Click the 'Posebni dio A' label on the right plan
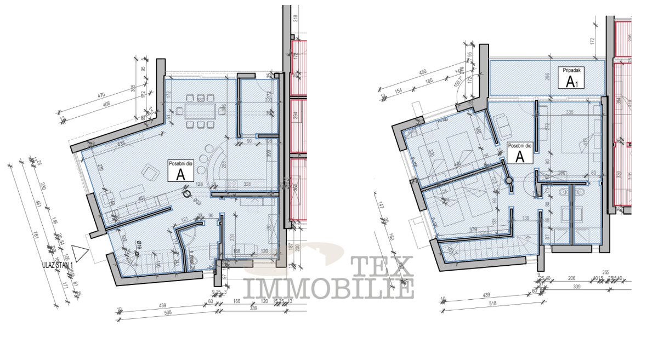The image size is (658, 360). click(x=519, y=153)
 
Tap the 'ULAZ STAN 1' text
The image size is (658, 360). click(x=57, y=265)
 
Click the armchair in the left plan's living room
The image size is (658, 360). click(x=149, y=173)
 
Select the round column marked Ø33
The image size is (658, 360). click(x=188, y=193)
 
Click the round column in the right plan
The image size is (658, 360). click(x=508, y=180)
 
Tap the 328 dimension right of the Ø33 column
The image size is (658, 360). click(x=247, y=184)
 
